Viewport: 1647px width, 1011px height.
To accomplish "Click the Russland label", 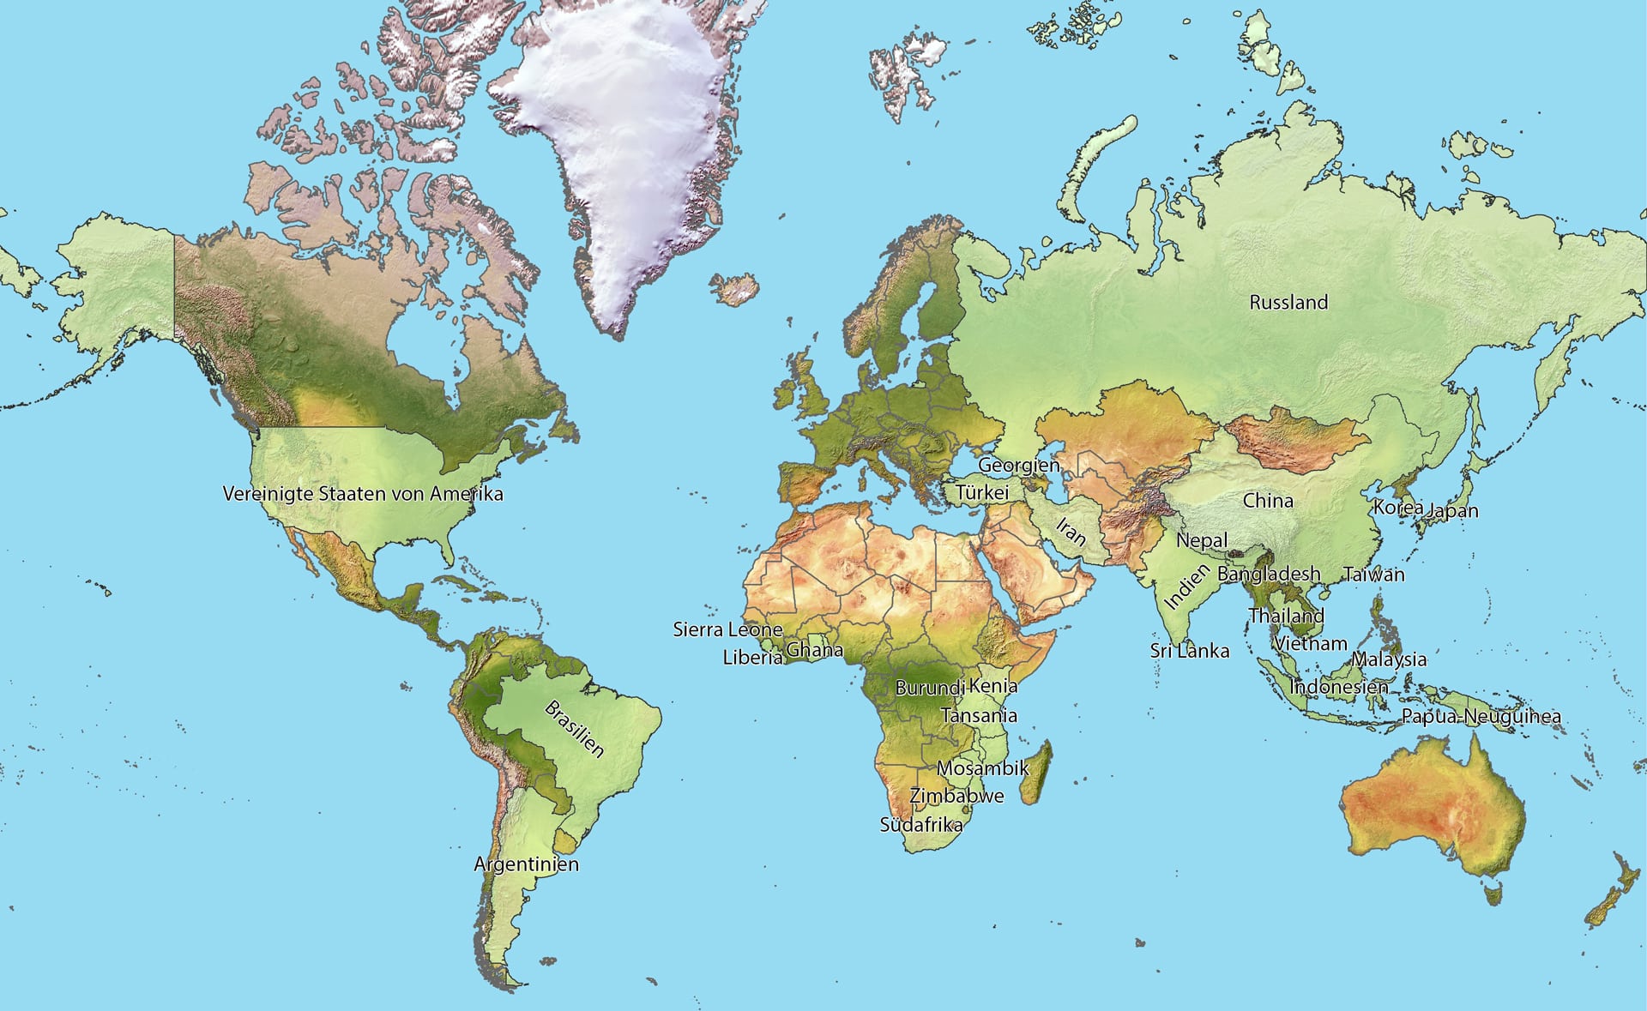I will point(1288,302).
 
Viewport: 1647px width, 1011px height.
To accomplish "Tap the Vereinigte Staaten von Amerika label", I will point(363,494).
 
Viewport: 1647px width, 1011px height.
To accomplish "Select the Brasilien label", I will point(574,729).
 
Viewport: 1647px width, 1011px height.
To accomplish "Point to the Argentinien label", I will point(526,864).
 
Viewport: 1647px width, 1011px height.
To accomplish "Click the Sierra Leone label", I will point(727,629).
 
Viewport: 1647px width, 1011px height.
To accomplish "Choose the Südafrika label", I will point(921,825).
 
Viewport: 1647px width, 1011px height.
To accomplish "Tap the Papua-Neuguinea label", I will point(1481,716).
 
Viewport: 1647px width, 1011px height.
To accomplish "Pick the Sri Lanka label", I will point(1189,651).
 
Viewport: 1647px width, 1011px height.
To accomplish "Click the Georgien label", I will point(1019,465).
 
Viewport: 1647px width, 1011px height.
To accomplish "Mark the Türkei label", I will point(982,492).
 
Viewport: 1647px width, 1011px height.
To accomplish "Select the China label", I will point(1268,500).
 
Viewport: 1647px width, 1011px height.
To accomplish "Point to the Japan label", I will point(1453,511).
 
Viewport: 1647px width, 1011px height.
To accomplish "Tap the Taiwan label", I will point(1373,575).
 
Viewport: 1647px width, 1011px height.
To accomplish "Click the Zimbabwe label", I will point(956,796).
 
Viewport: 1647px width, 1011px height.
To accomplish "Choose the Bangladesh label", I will point(1269,574).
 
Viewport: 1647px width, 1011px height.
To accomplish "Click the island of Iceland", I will point(736,289).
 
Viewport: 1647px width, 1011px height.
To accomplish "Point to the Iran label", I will point(1071,532).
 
